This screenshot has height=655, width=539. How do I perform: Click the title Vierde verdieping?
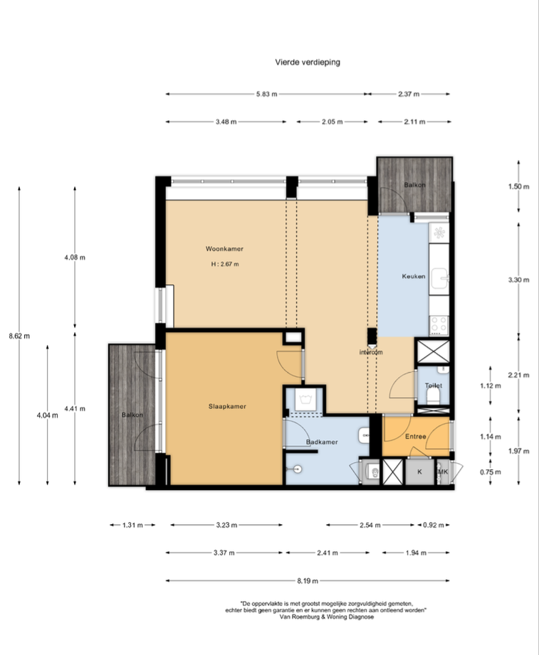(x=308, y=63)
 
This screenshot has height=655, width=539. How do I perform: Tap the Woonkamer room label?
(x=224, y=248)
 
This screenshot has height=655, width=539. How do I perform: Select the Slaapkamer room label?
(x=227, y=406)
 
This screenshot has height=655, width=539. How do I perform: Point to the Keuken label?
(x=414, y=276)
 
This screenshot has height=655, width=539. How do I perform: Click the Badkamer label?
(x=322, y=442)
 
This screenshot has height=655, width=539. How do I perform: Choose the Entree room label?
(x=416, y=436)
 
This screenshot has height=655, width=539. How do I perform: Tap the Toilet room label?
(x=434, y=385)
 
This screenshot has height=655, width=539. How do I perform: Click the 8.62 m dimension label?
(x=19, y=336)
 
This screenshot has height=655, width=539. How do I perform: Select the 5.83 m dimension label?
(x=267, y=94)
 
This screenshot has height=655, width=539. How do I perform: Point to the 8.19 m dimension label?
(x=308, y=580)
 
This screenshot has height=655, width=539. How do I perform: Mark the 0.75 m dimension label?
(x=490, y=472)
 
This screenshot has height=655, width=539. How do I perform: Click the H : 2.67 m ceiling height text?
(x=225, y=264)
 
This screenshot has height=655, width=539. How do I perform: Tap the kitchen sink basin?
(x=439, y=279)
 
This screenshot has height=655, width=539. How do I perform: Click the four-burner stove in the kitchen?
(x=439, y=325)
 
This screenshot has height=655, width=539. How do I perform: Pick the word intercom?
(x=371, y=352)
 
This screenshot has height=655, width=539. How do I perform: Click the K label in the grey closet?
(x=419, y=472)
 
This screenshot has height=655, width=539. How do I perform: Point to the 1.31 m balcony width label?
(x=132, y=525)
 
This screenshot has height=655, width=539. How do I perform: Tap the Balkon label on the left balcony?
(x=132, y=415)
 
